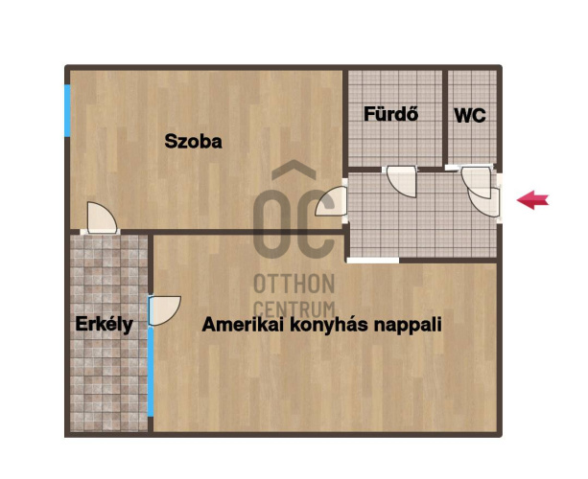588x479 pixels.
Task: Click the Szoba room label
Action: point(193,141)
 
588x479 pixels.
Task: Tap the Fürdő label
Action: point(390,114)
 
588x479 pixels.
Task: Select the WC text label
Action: point(470,115)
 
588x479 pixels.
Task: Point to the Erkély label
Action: point(104,325)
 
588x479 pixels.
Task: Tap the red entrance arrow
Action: point(532,200)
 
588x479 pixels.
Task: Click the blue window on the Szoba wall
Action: point(67,110)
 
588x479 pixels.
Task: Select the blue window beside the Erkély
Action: point(151,372)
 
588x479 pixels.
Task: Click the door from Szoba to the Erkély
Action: point(102,218)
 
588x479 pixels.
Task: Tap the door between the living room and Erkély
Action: point(164,310)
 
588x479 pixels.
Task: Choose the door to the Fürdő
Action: point(401,182)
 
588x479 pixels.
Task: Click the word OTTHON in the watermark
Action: point(294,284)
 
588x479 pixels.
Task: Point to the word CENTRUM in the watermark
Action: point(294,309)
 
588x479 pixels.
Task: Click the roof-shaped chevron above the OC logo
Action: point(294,170)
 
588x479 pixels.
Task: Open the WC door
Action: point(476,182)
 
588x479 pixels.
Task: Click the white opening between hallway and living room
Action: point(373,261)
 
